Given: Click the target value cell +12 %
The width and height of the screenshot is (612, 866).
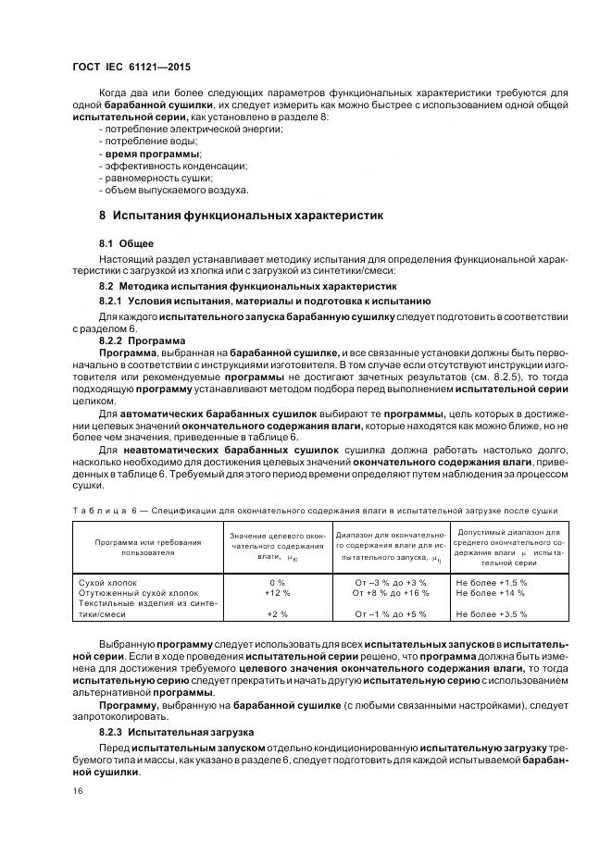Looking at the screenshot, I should point(277,592).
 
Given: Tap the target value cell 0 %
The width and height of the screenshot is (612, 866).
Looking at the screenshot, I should point(276,582).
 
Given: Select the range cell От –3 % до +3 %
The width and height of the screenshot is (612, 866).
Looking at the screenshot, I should point(391,582).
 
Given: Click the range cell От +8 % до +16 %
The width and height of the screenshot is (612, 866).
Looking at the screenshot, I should point(391,592).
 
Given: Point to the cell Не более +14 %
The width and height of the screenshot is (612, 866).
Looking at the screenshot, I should point(492,592).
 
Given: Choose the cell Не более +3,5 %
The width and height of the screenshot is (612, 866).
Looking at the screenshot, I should point(492,614).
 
